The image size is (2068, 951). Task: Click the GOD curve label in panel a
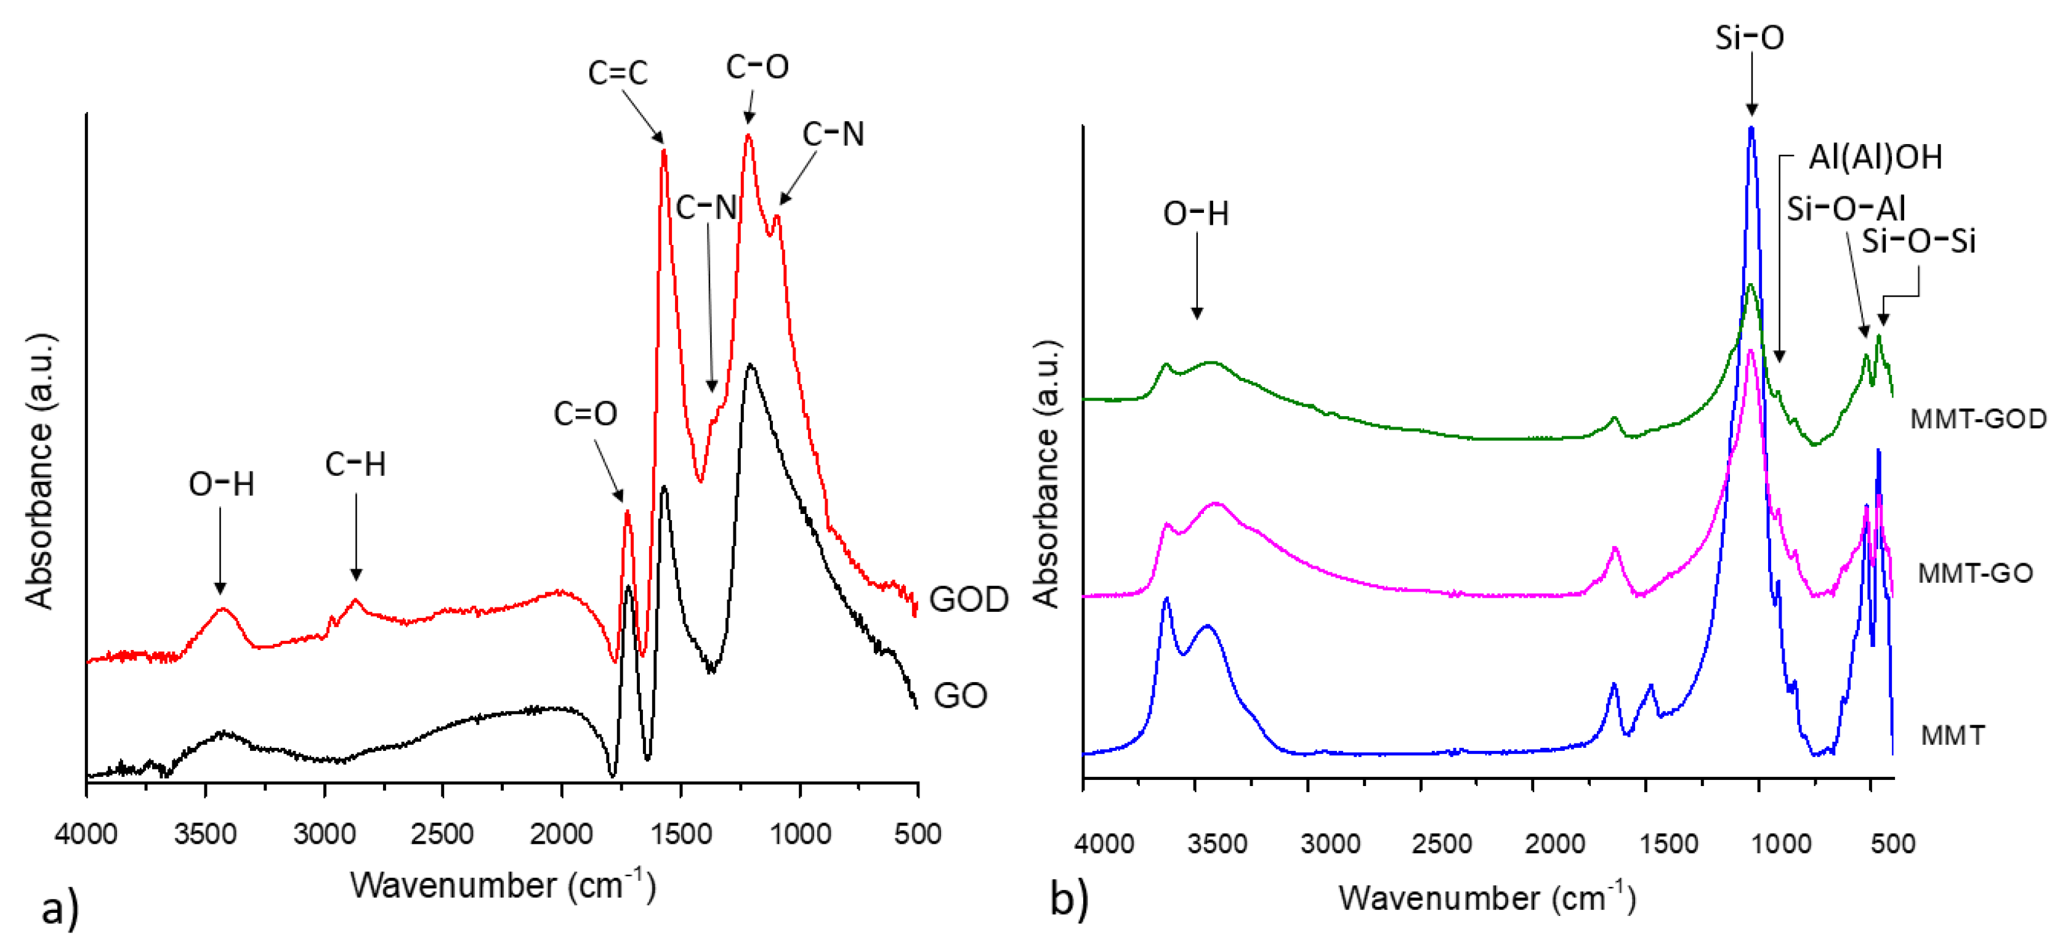point(968,600)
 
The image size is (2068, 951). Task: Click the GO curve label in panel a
point(959,695)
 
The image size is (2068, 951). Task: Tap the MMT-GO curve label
point(1975,573)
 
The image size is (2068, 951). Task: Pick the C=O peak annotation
point(585,414)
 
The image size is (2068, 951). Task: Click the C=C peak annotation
point(617,73)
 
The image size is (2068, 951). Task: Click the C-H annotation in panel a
point(355,464)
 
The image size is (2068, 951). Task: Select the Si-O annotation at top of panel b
point(1749,38)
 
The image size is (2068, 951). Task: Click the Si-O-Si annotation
point(1918,241)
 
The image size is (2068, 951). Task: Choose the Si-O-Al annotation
point(1845,209)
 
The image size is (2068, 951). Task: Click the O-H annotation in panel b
point(1195,214)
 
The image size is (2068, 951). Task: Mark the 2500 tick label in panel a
point(442,834)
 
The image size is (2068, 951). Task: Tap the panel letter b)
point(1068,898)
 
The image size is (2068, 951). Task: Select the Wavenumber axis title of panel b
point(1486,897)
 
